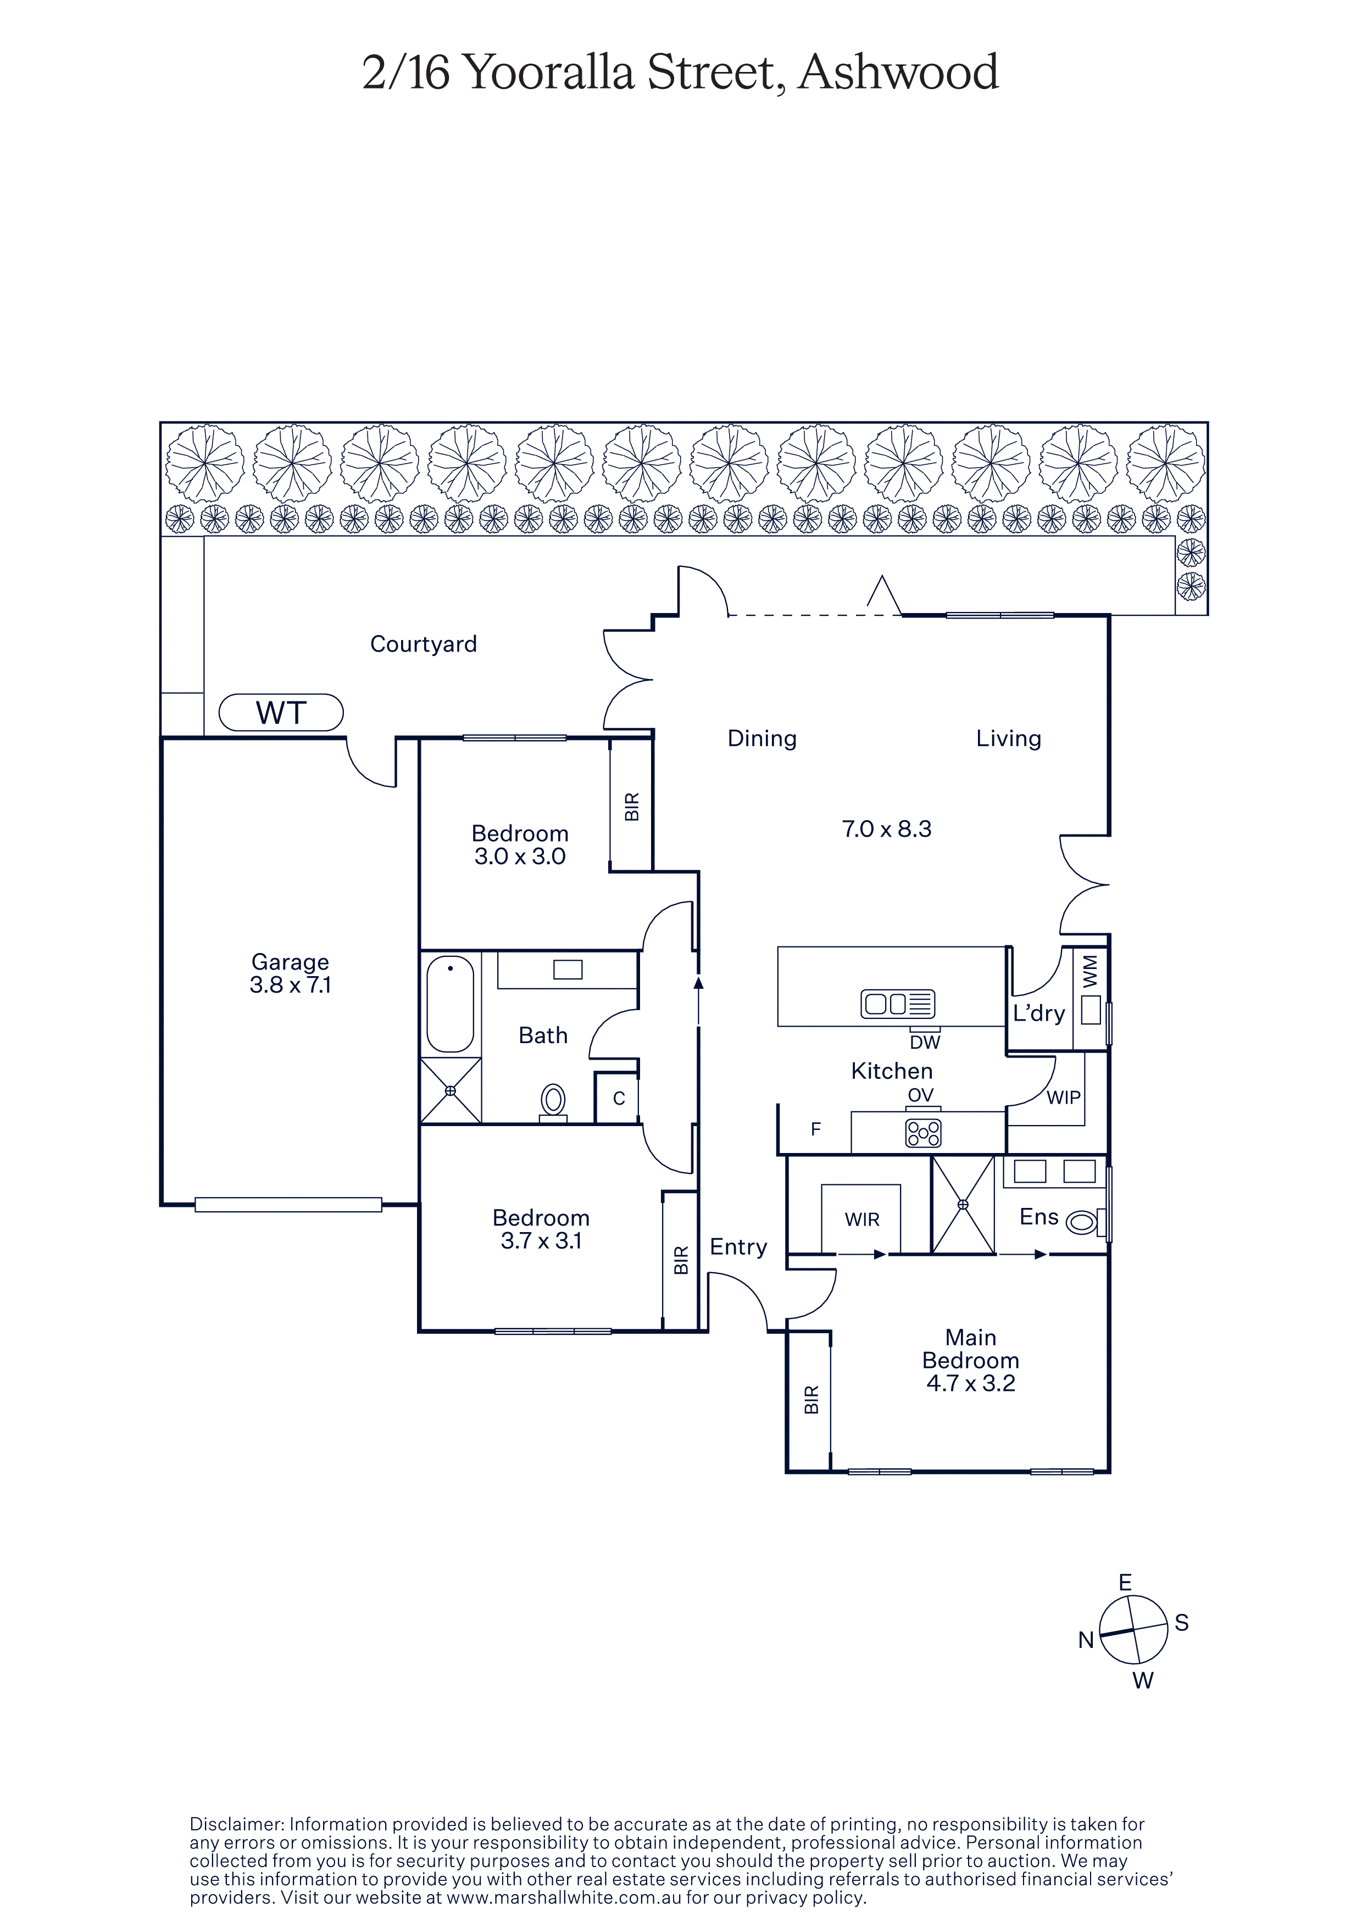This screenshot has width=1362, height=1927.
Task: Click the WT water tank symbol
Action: coord(281,712)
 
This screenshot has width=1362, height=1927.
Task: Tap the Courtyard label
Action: coord(424,644)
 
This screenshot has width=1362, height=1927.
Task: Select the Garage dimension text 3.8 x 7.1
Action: coord(290,984)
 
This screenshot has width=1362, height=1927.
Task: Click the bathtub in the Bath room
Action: coord(451,1004)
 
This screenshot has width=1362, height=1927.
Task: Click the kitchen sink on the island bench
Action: coord(898,1004)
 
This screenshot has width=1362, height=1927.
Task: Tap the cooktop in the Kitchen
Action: coord(923,1134)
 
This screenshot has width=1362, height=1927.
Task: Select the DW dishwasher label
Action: coord(925,1043)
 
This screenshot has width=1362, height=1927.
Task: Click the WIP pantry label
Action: coord(1063,1097)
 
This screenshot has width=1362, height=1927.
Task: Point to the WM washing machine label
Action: coord(1090,971)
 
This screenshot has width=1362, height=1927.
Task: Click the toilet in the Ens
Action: coord(1084,1222)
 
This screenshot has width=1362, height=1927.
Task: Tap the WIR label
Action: coord(862,1219)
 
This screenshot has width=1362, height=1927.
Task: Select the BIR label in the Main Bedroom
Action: coord(810,1400)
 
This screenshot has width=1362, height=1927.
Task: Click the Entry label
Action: coord(738,1247)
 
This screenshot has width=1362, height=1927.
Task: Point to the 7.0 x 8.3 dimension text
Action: coord(887,829)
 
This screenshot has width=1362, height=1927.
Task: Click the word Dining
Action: coord(762,739)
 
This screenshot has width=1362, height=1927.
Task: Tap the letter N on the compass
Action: coord(1086,1640)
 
